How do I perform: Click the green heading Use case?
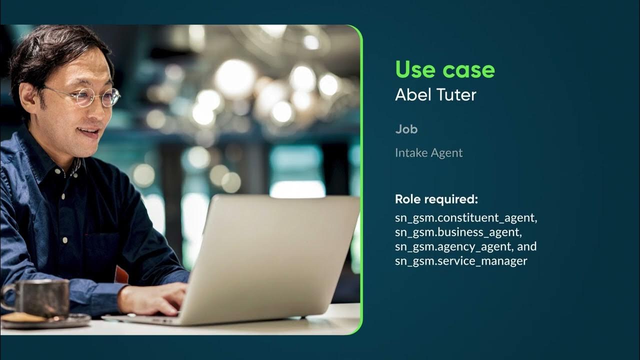tap(444, 69)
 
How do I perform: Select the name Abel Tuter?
tap(435, 94)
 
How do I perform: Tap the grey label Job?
tap(406, 129)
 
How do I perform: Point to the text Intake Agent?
tap(428, 152)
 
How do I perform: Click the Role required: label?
tap(436, 199)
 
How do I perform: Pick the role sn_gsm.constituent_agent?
tap(465, 218)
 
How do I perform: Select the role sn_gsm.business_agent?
tap(458, 232)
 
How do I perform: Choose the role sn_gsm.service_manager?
tap(460, 261)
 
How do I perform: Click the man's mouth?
tap(89, 132)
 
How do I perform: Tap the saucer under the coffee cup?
tap(45, 320)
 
